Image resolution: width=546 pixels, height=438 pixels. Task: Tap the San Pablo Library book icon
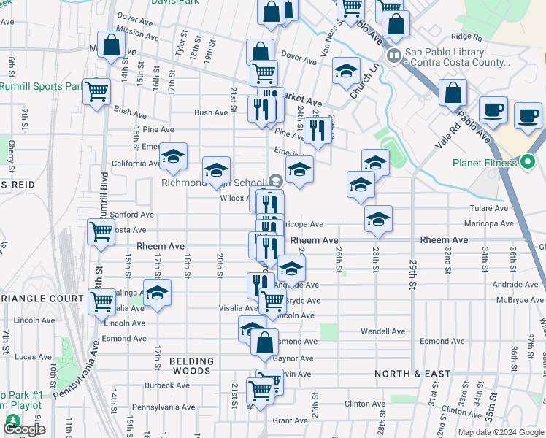point(393,55)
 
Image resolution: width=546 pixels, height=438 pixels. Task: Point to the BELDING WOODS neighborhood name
point(192,366)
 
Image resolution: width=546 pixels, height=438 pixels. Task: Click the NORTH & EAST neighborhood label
point(413,374)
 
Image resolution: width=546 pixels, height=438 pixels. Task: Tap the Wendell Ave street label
point(382,331)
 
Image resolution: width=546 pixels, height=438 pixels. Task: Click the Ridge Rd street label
point(467,36)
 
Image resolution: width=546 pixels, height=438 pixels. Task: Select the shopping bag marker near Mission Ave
point(111,45)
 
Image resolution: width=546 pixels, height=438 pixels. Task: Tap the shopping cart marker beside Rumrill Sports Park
point(96,92)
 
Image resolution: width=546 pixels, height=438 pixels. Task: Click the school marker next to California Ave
point(173,156)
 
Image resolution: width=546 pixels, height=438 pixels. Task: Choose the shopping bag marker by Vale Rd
point(453,93)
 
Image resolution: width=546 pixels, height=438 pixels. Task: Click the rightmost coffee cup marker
point(528,115)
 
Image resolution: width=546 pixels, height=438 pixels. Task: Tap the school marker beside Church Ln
point(346,71)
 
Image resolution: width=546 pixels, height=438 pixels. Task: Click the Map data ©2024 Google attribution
point(500,432)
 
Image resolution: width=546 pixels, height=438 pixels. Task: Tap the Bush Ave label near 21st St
point(211,112)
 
